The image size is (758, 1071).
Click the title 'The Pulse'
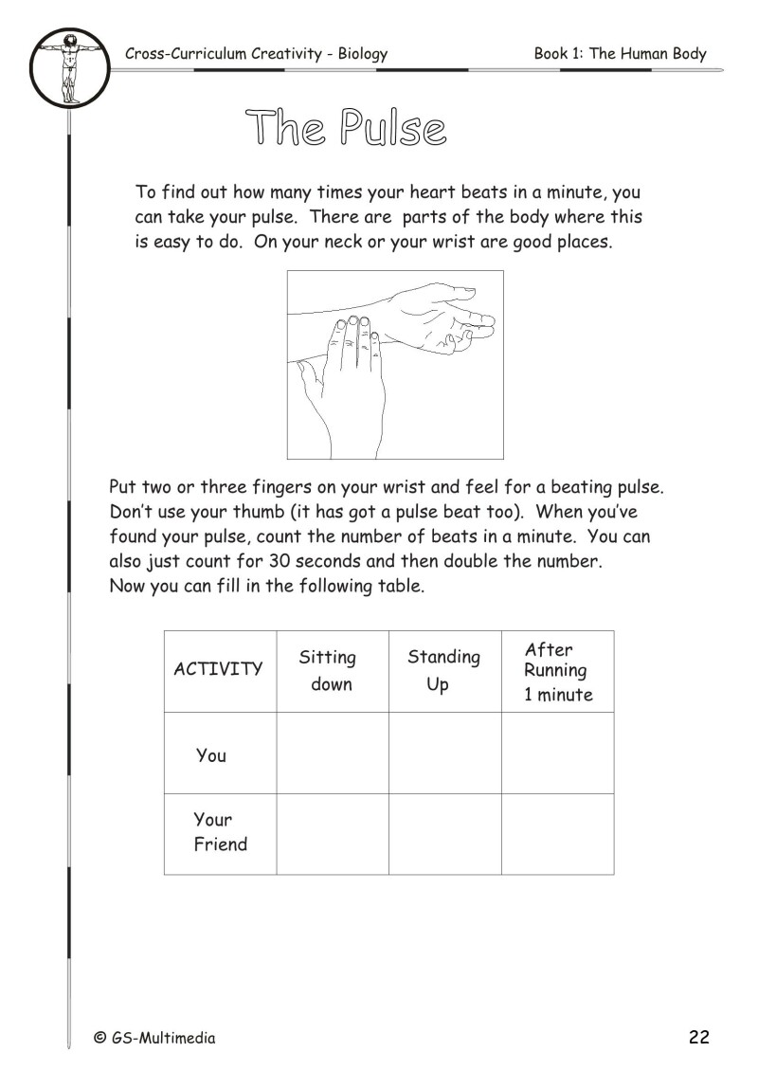click(346, 127)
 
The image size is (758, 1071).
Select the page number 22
click(699, 1037)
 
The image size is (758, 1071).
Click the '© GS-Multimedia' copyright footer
click(154, 1038)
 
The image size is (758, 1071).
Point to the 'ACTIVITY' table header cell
click(218, 669)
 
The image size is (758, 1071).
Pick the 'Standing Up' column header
click(443, 670)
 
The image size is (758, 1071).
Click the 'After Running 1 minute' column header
click(557, 671)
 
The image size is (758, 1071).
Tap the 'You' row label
click(211, 755)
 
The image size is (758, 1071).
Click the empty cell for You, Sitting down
click(332, 753)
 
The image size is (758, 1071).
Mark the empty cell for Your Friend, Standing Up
click(444, 834)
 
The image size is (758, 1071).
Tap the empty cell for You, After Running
click(557, 753)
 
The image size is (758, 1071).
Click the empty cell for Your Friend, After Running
click(557, 834)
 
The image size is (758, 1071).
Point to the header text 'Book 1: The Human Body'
click(620, 54)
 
